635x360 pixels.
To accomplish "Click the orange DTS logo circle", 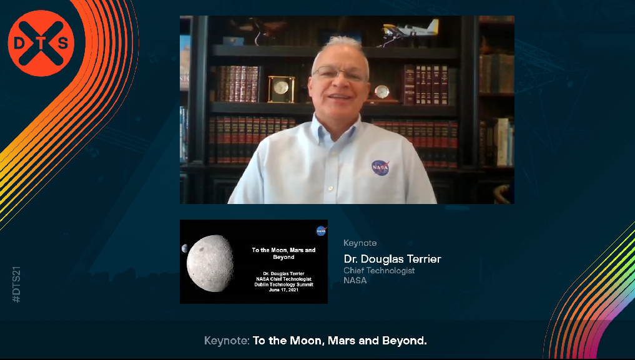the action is (41, 43).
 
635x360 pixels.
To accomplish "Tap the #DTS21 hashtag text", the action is (16, 285).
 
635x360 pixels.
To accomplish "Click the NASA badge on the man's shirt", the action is (380, 167).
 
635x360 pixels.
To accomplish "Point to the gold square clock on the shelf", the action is (281, 89).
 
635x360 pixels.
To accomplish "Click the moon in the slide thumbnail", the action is (210, 263).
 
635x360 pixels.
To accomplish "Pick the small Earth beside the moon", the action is (184, 248).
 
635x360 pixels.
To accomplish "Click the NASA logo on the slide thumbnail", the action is (321, 231).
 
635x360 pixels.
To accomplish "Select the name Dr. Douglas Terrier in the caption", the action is (392, 259).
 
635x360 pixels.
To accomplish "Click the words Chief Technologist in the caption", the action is (379, 271).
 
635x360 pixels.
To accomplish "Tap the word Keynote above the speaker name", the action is (360, 243).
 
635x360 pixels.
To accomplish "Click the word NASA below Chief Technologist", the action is (355, 280).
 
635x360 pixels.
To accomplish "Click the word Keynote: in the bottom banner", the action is (227, 341).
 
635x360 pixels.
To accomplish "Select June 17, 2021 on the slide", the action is (283, 289).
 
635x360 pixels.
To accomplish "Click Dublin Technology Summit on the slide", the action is (283, 285).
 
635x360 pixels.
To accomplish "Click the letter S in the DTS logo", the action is (63, 44).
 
